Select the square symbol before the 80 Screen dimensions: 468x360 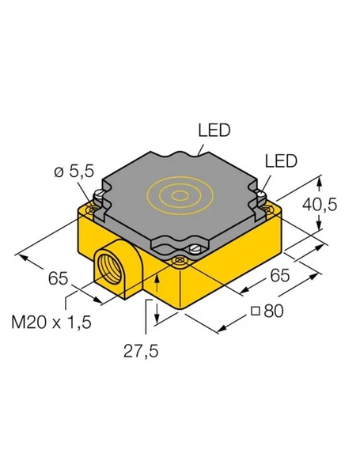[255, 311]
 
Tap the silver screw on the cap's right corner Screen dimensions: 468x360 [260, 192]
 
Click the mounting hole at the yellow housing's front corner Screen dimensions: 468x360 [180, 269]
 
